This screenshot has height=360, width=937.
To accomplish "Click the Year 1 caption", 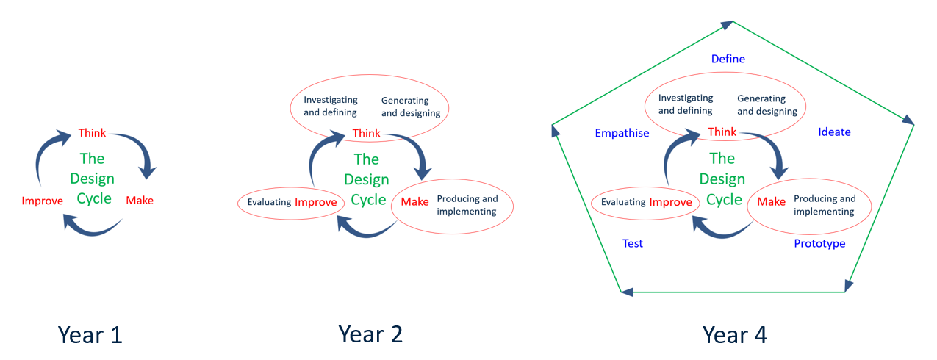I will tap(90, 335).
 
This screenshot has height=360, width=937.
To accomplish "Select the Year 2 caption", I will tap(370, 335).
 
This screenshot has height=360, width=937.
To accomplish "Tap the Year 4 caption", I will tap(734, 335).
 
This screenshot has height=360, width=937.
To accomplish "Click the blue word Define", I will tap(728, 59).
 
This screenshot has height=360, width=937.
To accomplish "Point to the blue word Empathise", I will tap(622, 133).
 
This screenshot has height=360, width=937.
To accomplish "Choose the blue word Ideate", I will tap(834, 132).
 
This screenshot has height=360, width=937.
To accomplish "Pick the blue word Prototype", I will tap(819, 243).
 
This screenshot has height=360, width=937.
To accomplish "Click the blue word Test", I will tap(632, 243).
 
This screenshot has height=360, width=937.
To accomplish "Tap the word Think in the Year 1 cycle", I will tap(92, 133).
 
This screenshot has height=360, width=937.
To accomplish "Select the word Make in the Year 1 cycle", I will tap(140, 200).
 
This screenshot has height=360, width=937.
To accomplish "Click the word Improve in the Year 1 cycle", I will tap(43, 201).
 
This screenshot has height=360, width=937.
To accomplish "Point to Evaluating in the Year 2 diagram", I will tap(269, 203).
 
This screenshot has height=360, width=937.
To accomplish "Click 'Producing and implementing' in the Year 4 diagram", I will tap(825, 205).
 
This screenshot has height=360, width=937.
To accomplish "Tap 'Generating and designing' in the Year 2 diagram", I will tap(410, 107).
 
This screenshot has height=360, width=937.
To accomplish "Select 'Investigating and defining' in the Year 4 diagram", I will tap(686, 104).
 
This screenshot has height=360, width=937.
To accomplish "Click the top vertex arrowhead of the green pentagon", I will tap(727, 25).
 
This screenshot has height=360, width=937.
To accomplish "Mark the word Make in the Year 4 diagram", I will tap(771, 202).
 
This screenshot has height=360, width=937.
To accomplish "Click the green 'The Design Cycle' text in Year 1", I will tap(92, 178).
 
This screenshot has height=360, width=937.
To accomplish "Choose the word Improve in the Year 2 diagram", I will tap(315, 203).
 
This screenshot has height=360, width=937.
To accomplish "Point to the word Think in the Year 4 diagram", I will tap(722, 132).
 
